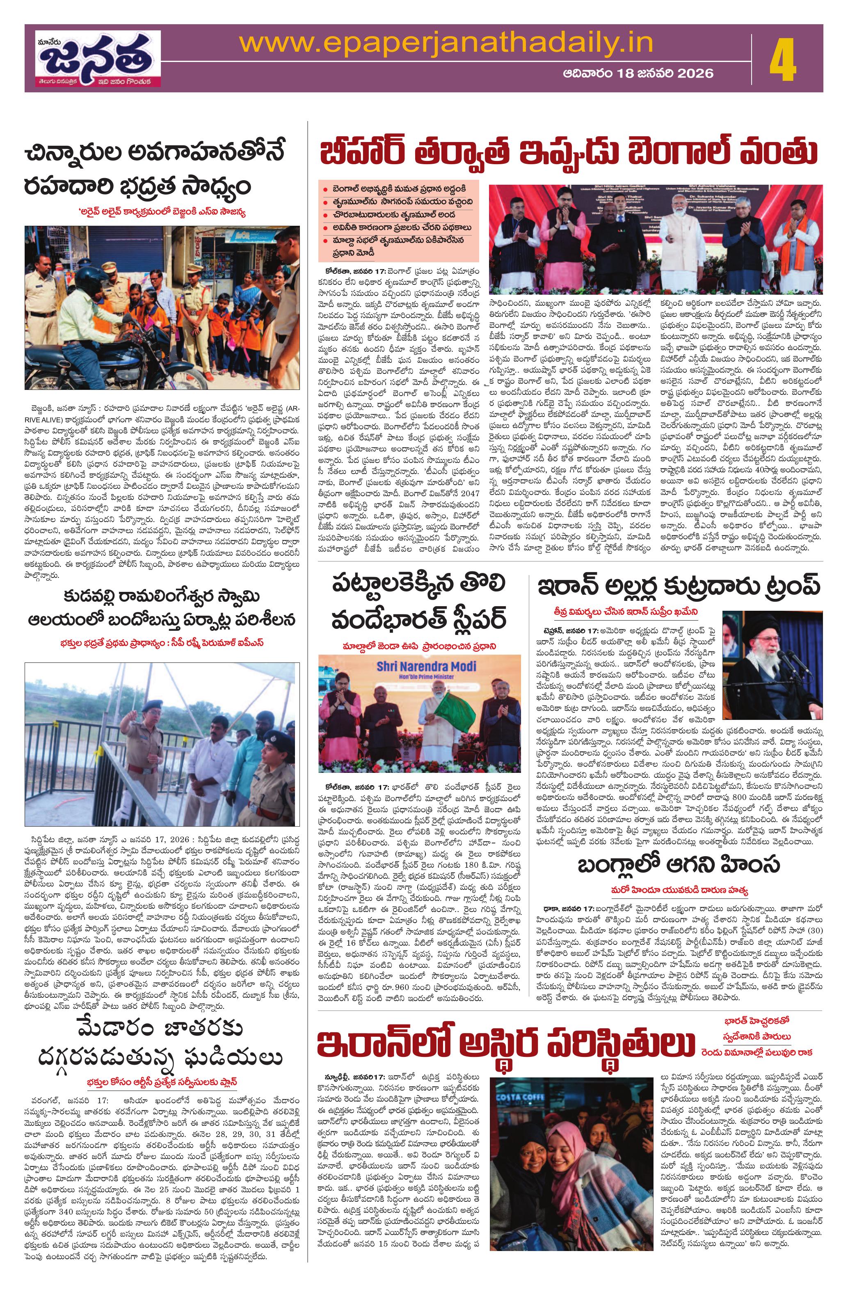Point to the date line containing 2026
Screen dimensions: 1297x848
click(x=638, y=73)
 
